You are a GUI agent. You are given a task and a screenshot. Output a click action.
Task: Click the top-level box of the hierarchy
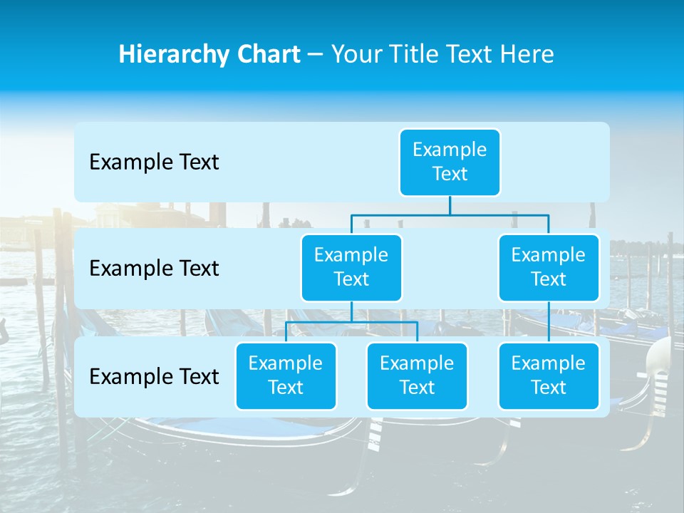tap(450, 162)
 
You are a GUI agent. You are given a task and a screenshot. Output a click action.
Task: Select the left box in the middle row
tap(351, 267)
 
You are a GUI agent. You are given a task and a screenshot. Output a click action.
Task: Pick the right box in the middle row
tap(549, 267)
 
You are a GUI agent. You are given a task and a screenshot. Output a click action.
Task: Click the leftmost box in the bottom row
tap(286, 375)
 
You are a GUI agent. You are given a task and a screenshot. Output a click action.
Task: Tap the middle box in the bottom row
tap(417, 375)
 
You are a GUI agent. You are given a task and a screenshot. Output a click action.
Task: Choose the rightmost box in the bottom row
tap(549, 375)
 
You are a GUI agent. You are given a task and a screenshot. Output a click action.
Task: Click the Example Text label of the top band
tap(154, 162)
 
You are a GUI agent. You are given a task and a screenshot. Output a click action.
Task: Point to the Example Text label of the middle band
tap(154, 269)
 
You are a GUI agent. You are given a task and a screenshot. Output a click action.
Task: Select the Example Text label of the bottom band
tap(154, 376)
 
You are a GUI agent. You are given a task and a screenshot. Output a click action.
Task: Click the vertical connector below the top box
tap(450, 205)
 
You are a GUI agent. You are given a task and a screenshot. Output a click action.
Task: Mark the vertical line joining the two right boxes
tap(549, 322)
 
